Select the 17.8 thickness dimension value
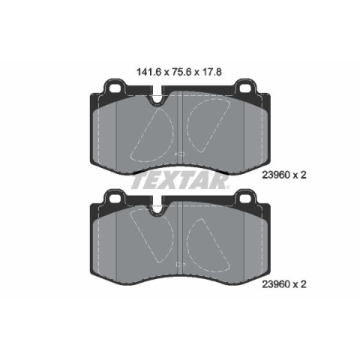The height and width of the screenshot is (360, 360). click(x=213, y=72)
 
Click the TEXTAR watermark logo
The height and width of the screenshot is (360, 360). click(x=179, y=181)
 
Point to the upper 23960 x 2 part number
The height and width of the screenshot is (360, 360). click(x=284, y=175)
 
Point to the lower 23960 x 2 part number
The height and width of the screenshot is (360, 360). click(x=284, y=284)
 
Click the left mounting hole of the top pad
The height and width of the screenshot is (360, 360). click(x=115, y=88)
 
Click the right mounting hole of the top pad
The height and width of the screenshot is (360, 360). click(x=244, y=88)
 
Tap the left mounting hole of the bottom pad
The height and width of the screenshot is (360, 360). click(x=115, y=199)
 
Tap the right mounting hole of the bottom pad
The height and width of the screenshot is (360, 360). click(x=244, y=199)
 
